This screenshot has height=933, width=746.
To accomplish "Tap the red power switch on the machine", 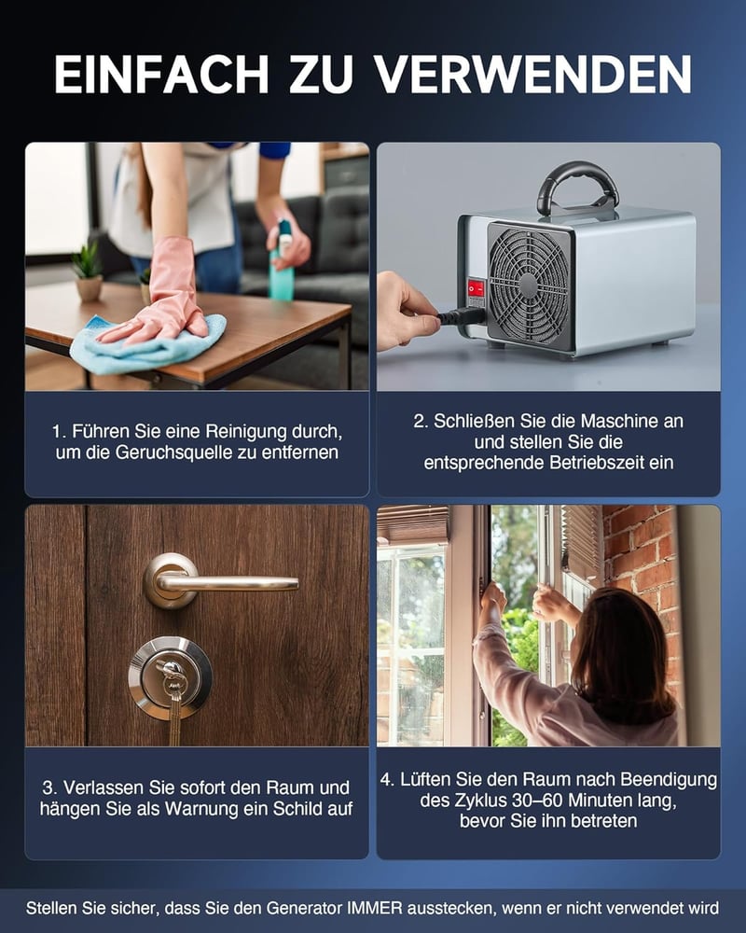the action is [x=476, y=288].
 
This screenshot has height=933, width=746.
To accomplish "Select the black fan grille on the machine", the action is [x=529, y=285].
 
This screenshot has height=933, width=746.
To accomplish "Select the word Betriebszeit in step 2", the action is [x=597, y=463].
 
